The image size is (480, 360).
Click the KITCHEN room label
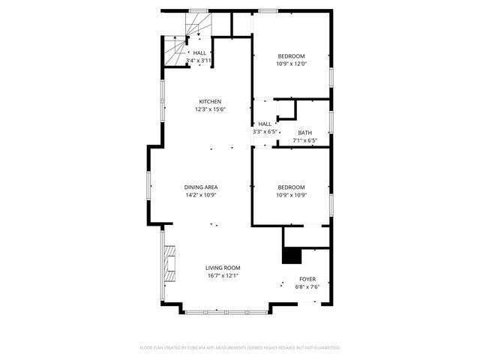[210, 102]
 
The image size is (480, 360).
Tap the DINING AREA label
[201, 187]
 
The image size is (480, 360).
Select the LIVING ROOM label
[223, 268]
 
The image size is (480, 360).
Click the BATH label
[304, 133]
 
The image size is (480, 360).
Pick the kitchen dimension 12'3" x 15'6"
[210, 109]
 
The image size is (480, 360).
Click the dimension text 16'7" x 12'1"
[223, 275]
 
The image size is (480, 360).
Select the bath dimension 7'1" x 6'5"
[304, 140]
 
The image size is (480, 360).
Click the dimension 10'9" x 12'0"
[292, 64]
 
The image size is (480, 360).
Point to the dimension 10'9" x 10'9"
[292, 195]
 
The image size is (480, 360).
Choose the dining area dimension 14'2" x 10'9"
[201, 195]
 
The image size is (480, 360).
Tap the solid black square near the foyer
[290, 256]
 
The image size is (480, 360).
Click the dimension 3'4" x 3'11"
[199, 60]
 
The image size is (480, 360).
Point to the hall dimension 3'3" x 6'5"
[265, 131]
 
